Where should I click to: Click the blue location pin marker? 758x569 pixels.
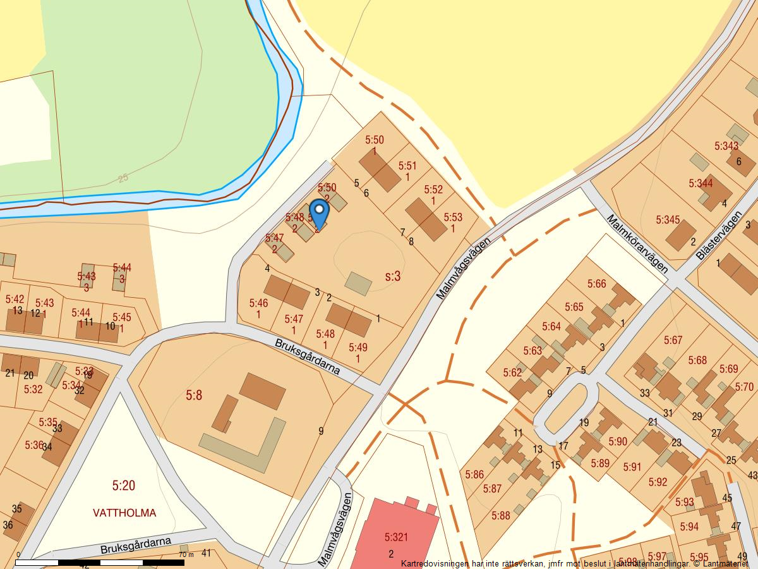[320, 214]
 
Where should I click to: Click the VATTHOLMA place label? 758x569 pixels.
[124, 513]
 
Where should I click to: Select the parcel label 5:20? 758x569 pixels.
[124, 486]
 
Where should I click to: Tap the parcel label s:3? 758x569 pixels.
[393, 276]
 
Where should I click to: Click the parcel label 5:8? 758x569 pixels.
[194, 396]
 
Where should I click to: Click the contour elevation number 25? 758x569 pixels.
[123, 178]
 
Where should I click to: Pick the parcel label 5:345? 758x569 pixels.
[668, 220]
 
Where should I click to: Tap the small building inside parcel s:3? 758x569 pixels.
[359, 283]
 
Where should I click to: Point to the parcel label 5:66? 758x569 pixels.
[596, 284]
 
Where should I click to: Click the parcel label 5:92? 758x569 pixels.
[658, 482]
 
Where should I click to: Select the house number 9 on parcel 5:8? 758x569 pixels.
[321, 431]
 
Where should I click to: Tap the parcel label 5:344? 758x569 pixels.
[701, 183]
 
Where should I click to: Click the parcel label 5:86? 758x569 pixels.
[474, 474]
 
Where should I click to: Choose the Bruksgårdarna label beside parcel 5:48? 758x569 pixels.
[308, 357]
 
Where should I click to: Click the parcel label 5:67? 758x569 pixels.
[673, 340]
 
